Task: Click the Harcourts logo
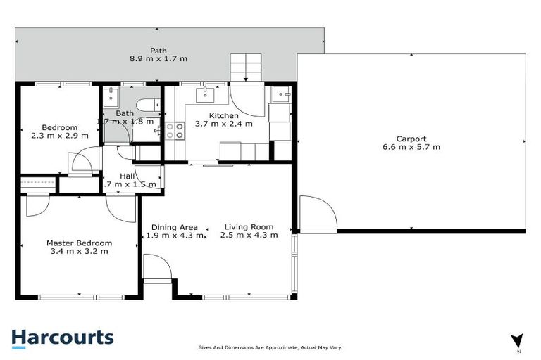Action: coord(62,337)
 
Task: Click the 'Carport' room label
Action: coord(411,139)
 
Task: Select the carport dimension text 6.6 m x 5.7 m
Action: coord(411,147)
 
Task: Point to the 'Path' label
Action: coord(158,51)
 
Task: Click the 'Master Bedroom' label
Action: coord(79,243)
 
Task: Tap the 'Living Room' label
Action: coord(249,227)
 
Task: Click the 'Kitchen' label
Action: coord(223,115)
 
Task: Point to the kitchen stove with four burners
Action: coord(175,130)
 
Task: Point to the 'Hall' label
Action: coord(128,176)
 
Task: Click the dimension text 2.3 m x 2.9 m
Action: coord(54,136)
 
